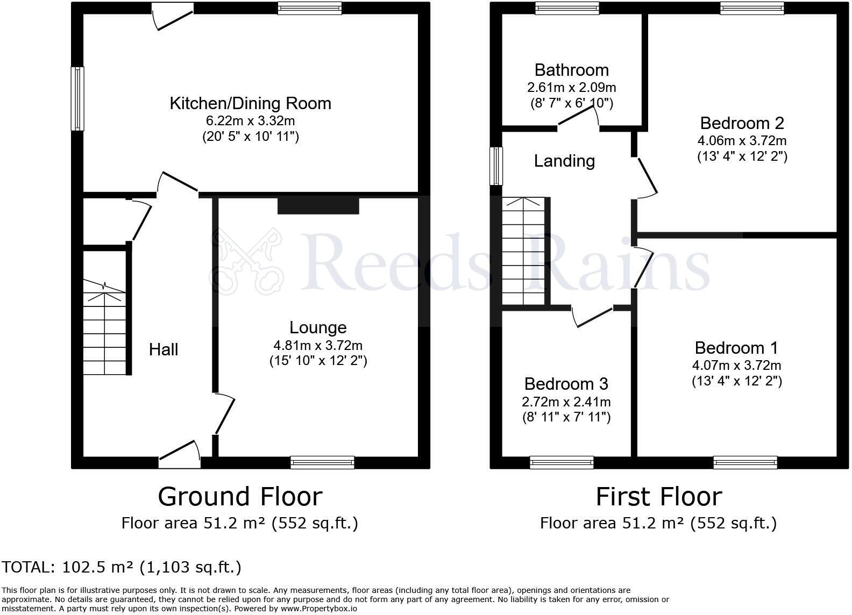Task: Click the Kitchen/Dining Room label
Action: click(250, 103)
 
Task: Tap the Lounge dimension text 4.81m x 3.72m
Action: click(318, 346)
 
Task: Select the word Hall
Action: click(164, 350)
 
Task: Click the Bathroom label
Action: click(571, 70)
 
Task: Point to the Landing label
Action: click(564, 161)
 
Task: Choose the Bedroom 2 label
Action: click(742, 123)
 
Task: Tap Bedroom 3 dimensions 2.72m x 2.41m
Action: click(566, 402)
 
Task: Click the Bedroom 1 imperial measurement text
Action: click(736, 381)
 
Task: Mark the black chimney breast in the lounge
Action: click(318, 205)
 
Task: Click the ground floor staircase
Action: click(104, 333)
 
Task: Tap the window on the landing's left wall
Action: click(496, 166)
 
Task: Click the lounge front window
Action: click(322, 462)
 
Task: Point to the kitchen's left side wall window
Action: click(78, 98)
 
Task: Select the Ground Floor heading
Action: click(240, 496)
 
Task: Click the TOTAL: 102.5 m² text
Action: click(122, 567)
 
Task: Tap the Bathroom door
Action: click(579, 118)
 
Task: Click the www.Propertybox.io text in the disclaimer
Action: click(318, 609)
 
